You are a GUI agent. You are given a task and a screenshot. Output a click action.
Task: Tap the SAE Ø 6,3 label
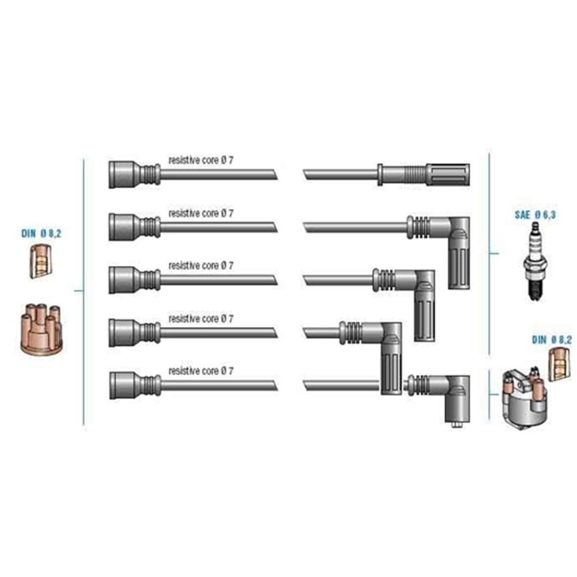point(535,215)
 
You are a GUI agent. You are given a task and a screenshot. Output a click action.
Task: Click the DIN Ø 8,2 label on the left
point(41,233)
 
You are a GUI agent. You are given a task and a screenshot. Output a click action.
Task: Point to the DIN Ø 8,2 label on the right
point(552,340)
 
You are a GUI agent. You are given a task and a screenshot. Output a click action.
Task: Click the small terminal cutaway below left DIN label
point(40,261)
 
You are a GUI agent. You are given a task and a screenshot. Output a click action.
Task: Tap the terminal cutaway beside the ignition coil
point(559,364)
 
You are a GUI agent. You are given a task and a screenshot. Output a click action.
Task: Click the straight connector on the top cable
point(424,174)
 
